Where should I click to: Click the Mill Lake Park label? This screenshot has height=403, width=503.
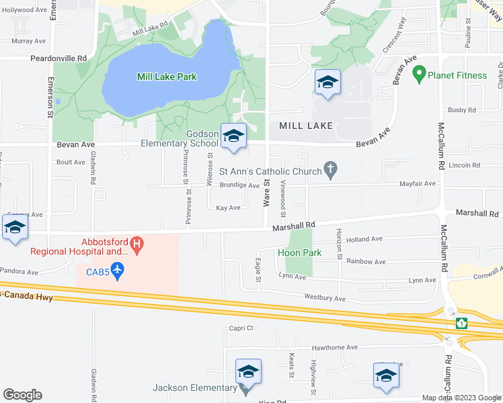[x=167, y=77]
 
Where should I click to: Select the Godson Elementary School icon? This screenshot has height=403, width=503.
[x=233, y=136]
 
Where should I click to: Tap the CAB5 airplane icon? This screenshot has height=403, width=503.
[x=118, y=271]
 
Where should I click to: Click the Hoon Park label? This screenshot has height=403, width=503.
[x=299, y=253]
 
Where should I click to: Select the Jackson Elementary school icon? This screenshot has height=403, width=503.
[x=247, y=371]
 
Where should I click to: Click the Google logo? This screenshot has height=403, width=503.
[x=22, y=395]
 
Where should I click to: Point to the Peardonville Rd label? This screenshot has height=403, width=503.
[x=59, y=58]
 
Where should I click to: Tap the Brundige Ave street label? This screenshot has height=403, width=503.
[x=239, y=185]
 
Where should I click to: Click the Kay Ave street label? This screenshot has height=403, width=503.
[x=228, y=208]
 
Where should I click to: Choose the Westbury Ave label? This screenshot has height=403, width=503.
[x=325, y=298]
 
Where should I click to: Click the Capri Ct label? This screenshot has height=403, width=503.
[x=239, y=328]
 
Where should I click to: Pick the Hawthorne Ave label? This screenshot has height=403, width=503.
[x=334, y=348]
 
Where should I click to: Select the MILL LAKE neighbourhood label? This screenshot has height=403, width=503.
[x=301, y=126]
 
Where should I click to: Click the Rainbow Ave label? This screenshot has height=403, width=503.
[x=366, y=262]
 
